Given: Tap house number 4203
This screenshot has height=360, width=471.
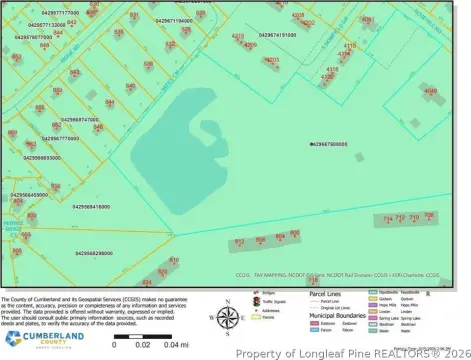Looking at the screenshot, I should [x=271, y=60].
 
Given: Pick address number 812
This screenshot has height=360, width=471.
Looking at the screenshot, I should [x=239, y=241].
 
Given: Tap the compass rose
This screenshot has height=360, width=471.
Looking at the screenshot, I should [x=228, y=319].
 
